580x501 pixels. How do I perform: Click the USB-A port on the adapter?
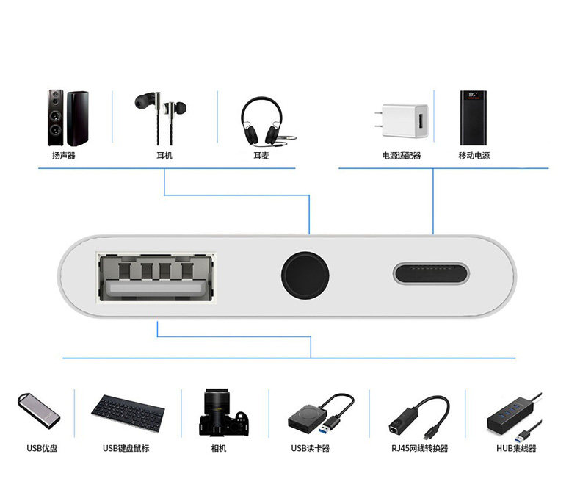(x=156, y=277)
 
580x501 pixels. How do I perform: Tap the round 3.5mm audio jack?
(x=305, y=275)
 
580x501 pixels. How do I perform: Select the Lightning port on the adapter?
(x=431, y=273)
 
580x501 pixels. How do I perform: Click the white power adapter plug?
(x=402, y=121)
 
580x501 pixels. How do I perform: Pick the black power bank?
(x=473, y=118)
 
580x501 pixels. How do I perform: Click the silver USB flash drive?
(x=39, y=411)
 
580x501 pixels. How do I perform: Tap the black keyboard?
(x=128, y=413)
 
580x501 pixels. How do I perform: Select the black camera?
(x=223, y=412)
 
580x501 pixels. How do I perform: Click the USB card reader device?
(x=320, y=414)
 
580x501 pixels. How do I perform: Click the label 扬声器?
(x=64, y=156)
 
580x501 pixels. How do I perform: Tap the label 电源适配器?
(x=402, y=156)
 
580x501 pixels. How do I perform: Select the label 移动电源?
(x=474, y=156)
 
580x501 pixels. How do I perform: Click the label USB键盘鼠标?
(x=126, y=448)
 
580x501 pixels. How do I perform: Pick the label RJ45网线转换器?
(x=420, y=448)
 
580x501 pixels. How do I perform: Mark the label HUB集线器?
(x=516, y=448)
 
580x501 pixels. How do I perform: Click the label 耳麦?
(x=261, y=156)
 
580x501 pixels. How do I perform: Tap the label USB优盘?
(x=42, y=448)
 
